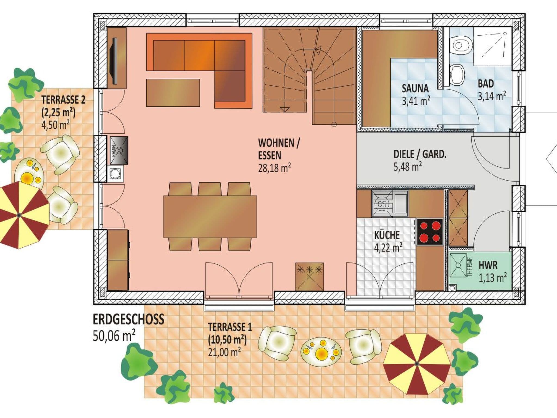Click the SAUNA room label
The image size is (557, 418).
[415, 88]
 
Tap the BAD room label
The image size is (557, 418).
[486, 84]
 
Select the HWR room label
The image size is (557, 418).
[488, 265]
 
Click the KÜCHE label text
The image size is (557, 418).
[387, 235]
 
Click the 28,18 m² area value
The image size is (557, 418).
[274, 168]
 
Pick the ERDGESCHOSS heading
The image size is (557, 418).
[129, 319]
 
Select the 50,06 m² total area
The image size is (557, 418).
[114, 336]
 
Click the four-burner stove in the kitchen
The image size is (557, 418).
[430, 232]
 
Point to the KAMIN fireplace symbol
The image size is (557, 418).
[119, 150]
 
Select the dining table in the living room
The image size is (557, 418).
[210, 217]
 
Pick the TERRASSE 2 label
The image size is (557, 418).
[63, 100]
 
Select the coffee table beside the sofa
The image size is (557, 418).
[173, 93]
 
